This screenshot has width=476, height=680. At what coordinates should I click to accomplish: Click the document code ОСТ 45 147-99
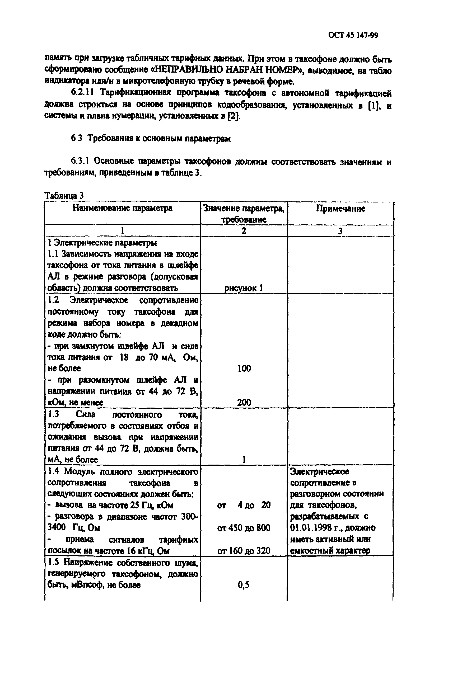[353, 36]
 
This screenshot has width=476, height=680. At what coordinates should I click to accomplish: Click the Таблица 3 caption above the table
[64, 195]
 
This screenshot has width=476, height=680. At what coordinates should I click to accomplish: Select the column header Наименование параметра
[122, 208]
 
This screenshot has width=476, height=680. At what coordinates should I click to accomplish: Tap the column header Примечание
[340, 209]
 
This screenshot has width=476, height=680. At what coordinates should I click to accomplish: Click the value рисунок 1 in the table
[244, 288]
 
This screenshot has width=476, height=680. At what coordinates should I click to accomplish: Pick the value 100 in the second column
[244, 368]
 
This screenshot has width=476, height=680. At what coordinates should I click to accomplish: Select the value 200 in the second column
[244, 402]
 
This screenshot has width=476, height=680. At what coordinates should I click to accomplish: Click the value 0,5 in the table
[244, 585]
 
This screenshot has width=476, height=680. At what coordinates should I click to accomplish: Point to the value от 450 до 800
[244, 528]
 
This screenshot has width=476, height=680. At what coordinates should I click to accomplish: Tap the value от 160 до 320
[244, 551]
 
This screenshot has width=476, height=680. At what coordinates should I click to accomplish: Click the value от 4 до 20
[244, 505]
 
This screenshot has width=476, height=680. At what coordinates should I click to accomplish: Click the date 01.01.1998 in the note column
[315, 528]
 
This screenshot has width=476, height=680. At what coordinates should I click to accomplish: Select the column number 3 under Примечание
[340, 231]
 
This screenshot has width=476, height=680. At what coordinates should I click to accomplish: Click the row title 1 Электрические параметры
[102, 243]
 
